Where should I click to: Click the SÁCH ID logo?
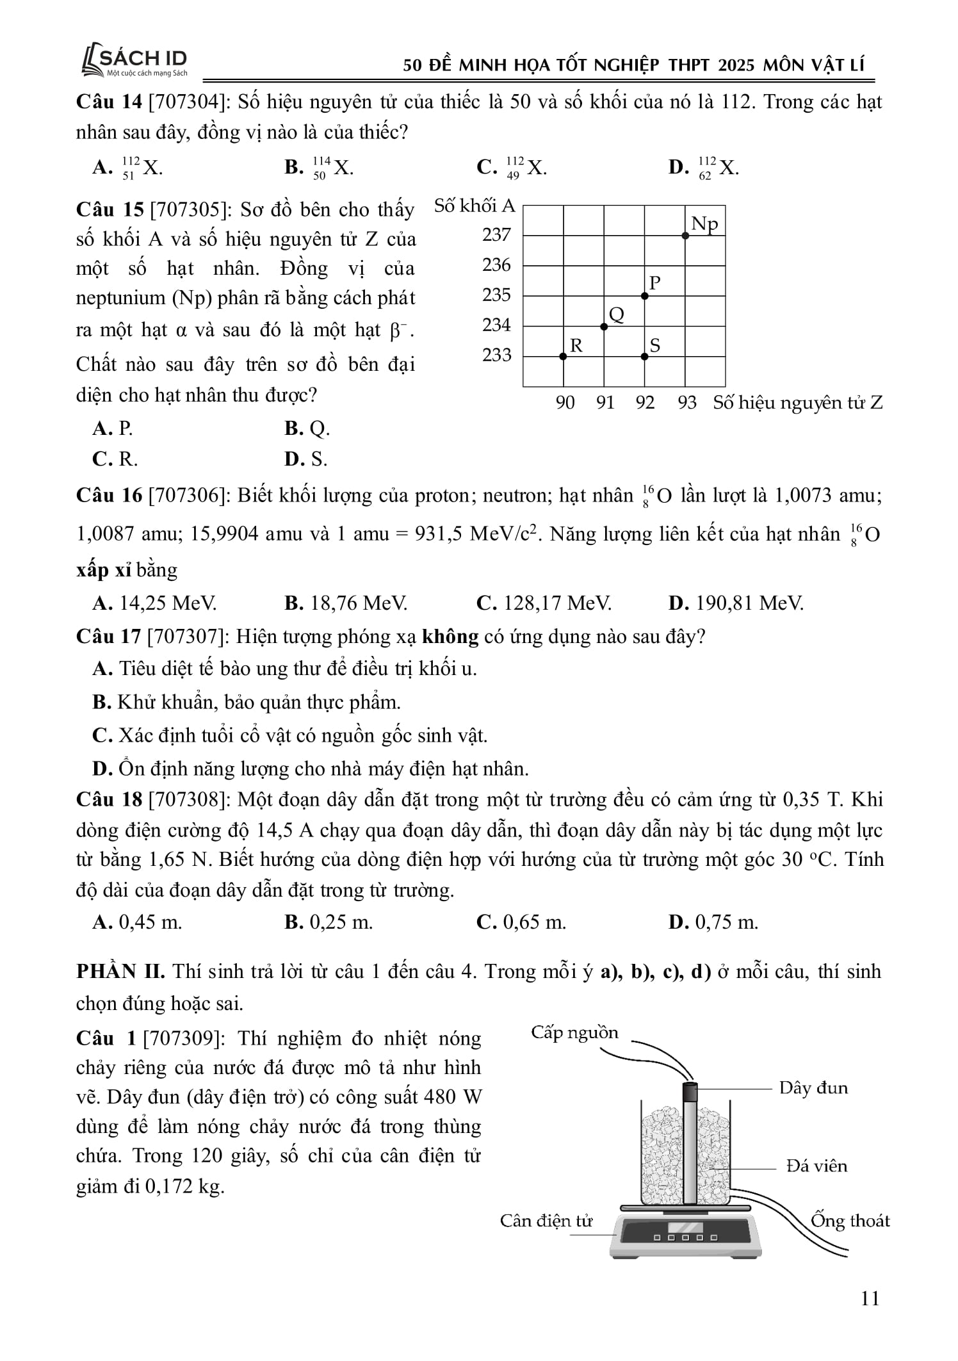point(134,61)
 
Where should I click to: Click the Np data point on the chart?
point(685,236)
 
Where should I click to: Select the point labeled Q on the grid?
point(604,327)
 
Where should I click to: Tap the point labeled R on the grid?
point(563,356)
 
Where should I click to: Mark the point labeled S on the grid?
point(645,356)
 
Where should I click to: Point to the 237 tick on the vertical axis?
point(496,235)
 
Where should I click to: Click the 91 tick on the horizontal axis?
point(605,403)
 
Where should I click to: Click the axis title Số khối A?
point(474,206)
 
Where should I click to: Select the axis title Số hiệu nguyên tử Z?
point(798,403)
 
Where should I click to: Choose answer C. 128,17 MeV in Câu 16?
point(544,603)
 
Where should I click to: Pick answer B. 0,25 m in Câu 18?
point(329,922)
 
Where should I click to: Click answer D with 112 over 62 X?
point(704,168)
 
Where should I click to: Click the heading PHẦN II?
point(120,972)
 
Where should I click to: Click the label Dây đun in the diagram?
point(813,1088)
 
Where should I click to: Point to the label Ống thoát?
point(850,1220)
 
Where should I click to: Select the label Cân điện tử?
point(546,1221)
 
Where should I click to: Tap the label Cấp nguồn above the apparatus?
point(574,1032)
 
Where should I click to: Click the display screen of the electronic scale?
point(685,1227)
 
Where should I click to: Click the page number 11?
point(870,1298)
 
